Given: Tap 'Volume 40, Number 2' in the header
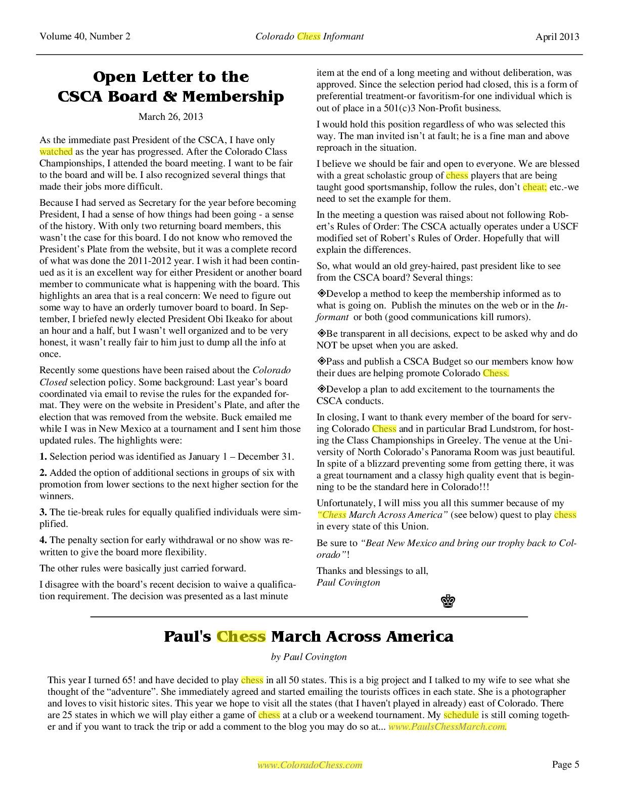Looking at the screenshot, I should pos(84,36).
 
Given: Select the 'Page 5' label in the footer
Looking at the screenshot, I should pos(565,765).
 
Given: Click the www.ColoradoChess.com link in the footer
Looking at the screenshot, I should pos(310,765).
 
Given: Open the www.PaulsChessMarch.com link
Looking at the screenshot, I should pos(447,727).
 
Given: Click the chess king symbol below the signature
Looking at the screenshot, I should pos(448,601).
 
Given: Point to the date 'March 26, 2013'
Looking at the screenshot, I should pos(171,117).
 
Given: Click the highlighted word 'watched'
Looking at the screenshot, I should pos(56,152).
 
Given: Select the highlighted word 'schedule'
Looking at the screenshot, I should pos(461,715).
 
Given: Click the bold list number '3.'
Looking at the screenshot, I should pos(43,512).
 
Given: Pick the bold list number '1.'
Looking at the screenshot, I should pos(43,457).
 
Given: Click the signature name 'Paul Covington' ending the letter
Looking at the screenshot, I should pos(348,583).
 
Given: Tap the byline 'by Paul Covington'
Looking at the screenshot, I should pos(309,657).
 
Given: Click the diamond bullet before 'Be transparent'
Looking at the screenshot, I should pos(321,334).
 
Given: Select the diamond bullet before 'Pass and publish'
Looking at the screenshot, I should pos(321,362).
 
